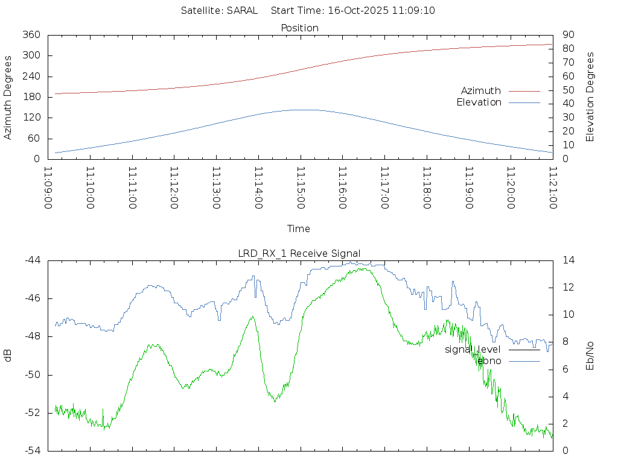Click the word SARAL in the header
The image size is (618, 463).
(x=242, y=10)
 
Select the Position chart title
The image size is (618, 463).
(x=299, y=28)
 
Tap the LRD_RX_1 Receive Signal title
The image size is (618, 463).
(x=299, y=253)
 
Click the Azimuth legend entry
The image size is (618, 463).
(x=481, y=91)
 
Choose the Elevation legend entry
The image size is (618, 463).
(x=479, y=102)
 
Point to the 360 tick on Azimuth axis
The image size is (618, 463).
(x=31, y=35)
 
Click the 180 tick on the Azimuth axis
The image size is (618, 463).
(x=31, y=97)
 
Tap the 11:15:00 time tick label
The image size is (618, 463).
(x=300, y=188)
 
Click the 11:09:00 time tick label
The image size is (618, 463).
(x=48, y=188)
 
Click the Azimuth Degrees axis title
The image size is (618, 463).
(x=8, y=97)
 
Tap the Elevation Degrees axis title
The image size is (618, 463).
(x=590, y=97)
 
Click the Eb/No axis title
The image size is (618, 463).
(x=590, y=356)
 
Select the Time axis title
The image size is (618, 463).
(x=299, y=229)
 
